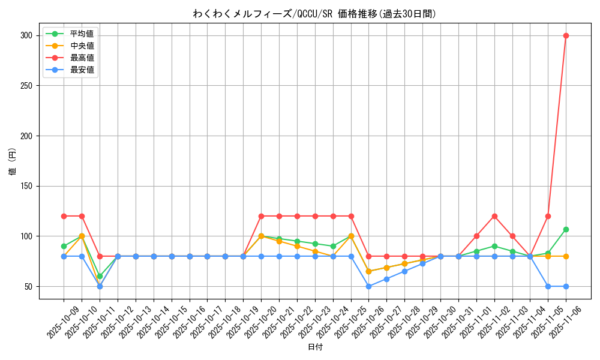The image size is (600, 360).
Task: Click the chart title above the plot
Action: (x=314, y=14)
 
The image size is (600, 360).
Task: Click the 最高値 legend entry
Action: (x=82, y=58)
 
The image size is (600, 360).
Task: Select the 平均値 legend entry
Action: (x=82, y=34)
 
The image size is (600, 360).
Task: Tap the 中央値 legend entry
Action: (x=82, y=46)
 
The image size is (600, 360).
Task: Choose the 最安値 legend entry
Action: (x=82, y=70)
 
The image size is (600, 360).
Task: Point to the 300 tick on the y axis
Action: (x=26, y=35)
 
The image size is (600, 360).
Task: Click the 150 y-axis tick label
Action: (x=26, y=186)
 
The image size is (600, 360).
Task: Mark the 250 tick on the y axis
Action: (x=26, y=86)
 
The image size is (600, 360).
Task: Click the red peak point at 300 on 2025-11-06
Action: (x=566, y=35)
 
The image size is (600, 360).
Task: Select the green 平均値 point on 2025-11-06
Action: (x=566, y=229)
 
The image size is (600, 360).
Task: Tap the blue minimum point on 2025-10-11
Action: (x=100, y=286)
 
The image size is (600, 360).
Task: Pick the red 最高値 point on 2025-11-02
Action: (x=494, y=216)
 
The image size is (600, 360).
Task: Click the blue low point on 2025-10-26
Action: (x=368, y=286)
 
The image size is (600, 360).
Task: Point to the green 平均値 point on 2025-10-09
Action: (x=64, y=246)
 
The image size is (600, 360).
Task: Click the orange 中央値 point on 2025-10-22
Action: (x=297, y=246)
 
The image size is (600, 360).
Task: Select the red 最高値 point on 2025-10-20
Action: (x=261, y=216)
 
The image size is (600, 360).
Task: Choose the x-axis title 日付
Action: (x=315, y=347)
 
